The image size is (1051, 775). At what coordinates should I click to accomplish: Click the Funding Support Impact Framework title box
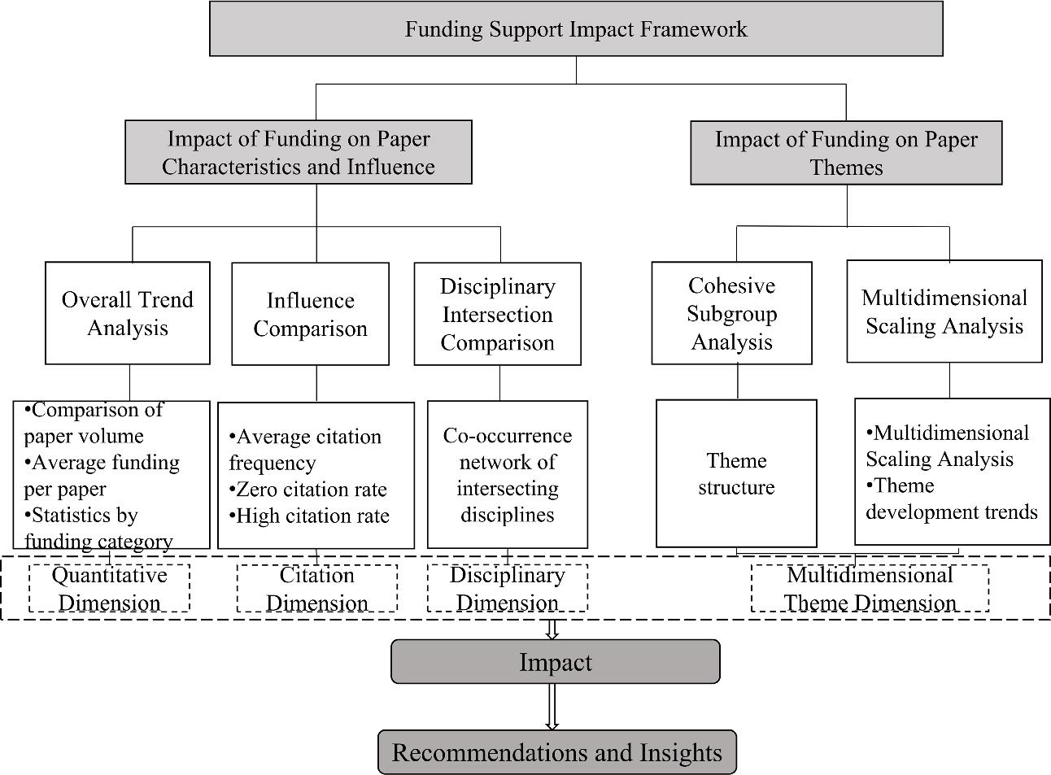coord(576,29)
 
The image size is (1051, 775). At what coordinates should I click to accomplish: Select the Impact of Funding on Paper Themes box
coord(846,153)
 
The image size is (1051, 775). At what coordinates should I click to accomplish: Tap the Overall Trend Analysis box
coord(128,313)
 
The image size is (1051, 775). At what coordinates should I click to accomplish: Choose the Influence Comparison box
coord(310,314)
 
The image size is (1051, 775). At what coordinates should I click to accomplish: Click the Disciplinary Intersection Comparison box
coord(497,314)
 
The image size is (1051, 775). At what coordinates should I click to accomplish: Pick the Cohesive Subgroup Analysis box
coord(732,313)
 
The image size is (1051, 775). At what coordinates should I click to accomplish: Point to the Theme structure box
coord(736,473)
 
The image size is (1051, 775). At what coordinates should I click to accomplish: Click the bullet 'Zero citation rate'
coord(309,490)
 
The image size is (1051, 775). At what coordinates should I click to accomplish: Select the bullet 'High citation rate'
coord(310,516)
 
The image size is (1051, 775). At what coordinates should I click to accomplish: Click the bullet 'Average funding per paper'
coord(101,476)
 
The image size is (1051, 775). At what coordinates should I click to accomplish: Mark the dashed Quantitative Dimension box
coord(110,588)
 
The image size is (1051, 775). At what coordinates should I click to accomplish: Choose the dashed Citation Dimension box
coord(317,588)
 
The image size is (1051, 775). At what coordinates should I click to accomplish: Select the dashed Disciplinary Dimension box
coord(507,588)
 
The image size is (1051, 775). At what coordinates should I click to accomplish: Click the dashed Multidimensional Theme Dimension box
coord(870,588)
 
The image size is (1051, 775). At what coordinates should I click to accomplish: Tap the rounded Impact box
coord(556,661)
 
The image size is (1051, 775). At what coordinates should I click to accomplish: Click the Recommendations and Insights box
coord(556,752)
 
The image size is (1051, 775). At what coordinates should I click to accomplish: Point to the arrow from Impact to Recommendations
coord(552,707)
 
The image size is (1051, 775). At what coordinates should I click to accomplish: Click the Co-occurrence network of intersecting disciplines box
coord(507,474)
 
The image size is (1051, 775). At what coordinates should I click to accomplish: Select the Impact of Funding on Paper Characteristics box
coord(298,152)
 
